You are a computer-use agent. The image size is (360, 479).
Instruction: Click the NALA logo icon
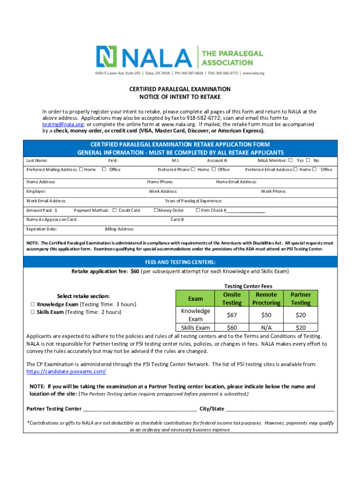tap(107, 57)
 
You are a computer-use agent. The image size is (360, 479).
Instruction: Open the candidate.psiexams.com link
tap(66, 371)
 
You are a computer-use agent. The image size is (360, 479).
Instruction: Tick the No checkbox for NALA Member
tap(308, 160)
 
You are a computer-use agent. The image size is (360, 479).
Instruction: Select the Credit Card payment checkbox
tap(115, 210)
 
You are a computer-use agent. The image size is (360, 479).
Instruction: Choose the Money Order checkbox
tap(156, 210)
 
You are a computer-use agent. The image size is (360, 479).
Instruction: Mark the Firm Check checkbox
tap(198, 210)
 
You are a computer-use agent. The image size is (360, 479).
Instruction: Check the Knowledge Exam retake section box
tap(33, 305)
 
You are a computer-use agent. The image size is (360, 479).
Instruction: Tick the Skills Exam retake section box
tap(33, 312)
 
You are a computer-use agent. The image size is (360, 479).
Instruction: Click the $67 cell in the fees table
tap(232, 315)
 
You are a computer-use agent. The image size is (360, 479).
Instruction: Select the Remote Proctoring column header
tap(266, 299)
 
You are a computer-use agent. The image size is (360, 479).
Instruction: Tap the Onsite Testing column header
tap(232, 299)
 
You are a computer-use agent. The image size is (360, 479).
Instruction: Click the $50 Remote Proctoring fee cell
tap(266, 315)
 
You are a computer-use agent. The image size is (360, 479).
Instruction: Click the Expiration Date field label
tap(42, 229)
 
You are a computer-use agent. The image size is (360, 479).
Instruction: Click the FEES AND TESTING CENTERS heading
tap(180, 262)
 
